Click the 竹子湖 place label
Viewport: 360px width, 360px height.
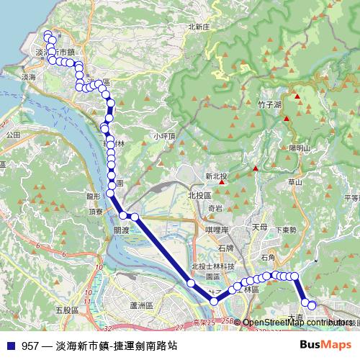point(268,104)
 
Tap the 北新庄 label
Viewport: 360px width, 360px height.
point(198,27)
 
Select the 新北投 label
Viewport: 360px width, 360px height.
point(216,176)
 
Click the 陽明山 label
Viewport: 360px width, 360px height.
point(298,148)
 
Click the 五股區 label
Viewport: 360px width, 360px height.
point(65,310)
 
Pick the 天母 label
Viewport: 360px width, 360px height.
point(259,227)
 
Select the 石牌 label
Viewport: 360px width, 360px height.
point(224,248)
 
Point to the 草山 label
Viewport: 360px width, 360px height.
point(295,183)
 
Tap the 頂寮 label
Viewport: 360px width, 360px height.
point(96,212)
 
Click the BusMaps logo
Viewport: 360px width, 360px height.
point(330,345)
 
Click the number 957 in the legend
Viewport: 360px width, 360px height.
point(30,346)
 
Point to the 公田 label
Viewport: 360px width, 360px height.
point(12,135)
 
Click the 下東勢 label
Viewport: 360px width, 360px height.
point(285,230)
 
